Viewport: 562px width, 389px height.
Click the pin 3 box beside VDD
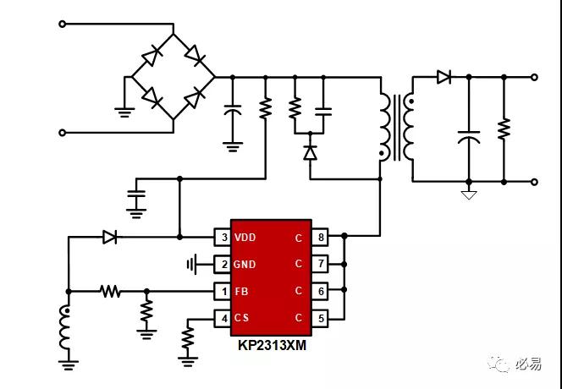tap(223, 237)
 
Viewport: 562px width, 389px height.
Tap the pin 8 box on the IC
tap(320, 237)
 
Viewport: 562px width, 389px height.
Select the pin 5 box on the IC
tap(320, 318)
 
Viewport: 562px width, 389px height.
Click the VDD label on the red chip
tap(245, 238)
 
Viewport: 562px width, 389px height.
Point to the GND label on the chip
tap(245, 265)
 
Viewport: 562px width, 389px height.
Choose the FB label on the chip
tap(241, 292)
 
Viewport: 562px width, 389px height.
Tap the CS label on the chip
tap(241, 318)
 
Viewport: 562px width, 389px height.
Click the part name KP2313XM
tap(273, 346)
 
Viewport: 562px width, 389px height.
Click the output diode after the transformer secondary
tap(444, 77)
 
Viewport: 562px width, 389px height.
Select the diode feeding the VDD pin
tap(110, 237)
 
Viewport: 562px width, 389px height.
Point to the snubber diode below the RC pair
tap(310, 152)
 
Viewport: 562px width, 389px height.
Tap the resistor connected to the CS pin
tap(188, 337)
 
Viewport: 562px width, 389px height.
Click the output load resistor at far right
tap(504, 129)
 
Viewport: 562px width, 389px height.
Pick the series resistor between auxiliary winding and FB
tap(110, 292)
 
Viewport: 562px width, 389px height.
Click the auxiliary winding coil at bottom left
tap(64, 328)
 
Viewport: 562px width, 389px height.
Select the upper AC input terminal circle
tap(63, 24)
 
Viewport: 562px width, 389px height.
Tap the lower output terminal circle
tap(534, 182)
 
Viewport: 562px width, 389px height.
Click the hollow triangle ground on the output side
tap(469, 194)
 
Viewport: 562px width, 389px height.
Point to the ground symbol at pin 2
tap(192, 265)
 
